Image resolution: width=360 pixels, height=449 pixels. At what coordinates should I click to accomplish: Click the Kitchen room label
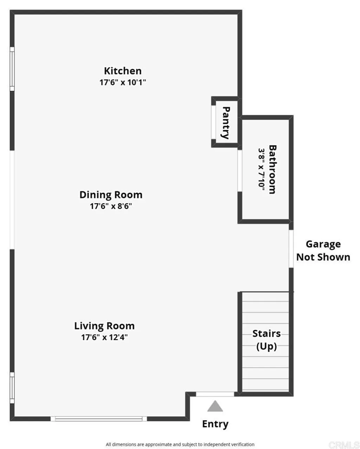click(123, 71)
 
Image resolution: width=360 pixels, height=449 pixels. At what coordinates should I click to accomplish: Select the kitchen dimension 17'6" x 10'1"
click(123, 83)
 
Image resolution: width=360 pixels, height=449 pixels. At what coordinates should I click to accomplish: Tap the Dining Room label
click(111, 195)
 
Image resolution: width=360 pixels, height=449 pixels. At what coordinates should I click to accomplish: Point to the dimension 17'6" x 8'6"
click(111, 206)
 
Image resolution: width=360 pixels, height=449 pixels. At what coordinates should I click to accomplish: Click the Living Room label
click(104, 326)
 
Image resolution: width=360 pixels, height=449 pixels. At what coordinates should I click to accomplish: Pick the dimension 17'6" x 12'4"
click(104, 338)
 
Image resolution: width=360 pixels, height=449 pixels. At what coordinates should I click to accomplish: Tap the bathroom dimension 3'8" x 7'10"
click(262, 169)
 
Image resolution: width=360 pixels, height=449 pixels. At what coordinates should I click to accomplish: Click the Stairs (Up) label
click(266, 340)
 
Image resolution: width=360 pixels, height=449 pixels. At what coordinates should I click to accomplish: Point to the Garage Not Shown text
click(323, 251)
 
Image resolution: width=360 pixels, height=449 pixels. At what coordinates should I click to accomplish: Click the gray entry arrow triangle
click(215, 406)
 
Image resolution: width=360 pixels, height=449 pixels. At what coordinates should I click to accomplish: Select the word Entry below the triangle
click(215, 424)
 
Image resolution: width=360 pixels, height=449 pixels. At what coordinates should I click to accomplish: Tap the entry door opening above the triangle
click(215, 394)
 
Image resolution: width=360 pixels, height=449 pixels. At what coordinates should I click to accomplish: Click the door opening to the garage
click(291, 249)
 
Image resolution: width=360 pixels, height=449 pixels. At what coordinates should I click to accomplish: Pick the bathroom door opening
click(240, 171)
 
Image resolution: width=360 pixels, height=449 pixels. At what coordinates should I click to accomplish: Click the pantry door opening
click(213, 122)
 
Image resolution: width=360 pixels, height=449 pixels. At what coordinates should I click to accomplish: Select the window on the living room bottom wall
click(99, 418)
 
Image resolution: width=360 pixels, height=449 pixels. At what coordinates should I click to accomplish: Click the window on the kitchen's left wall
click(12, 69)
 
